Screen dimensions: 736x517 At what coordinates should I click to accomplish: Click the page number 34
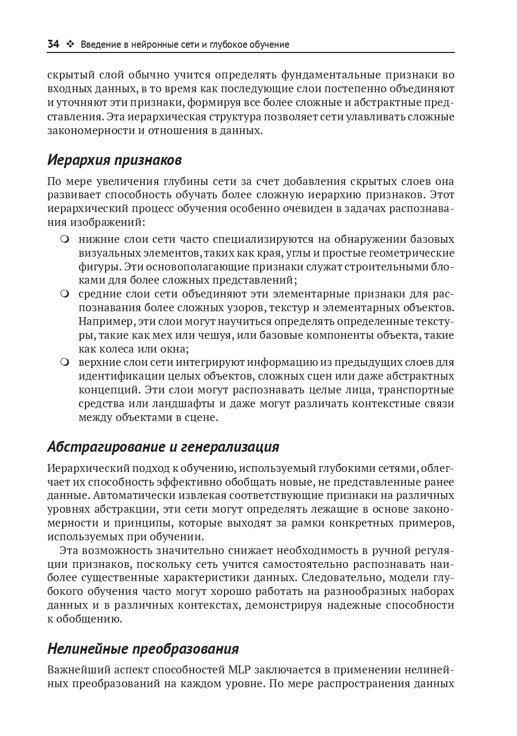53,45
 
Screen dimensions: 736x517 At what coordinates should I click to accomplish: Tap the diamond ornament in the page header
70,45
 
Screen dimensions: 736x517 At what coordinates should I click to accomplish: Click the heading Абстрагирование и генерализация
163,446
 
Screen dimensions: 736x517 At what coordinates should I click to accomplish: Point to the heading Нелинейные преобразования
143,649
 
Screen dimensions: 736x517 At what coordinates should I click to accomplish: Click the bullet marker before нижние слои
65,239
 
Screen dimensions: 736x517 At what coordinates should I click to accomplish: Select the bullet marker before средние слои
65,294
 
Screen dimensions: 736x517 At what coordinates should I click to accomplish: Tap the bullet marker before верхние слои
65,363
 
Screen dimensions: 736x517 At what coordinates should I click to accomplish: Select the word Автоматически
133,496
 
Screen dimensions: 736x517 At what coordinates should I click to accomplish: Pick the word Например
104,321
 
